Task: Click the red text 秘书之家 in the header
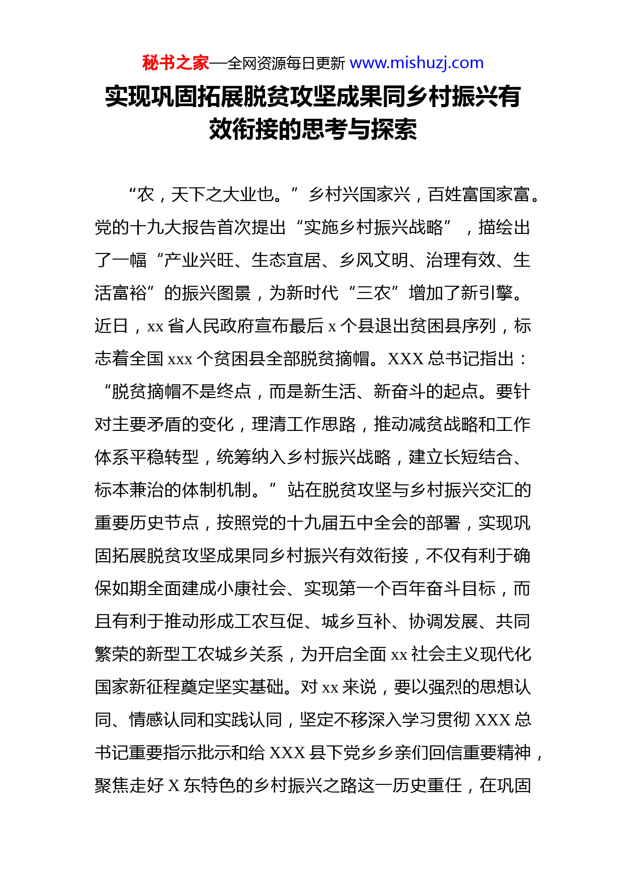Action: [x=175, y=63]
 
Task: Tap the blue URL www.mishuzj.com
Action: [x=416, y=63]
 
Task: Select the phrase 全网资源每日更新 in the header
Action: [x=286, y=64]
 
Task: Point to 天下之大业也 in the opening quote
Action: [x=222, y=194]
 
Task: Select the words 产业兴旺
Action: [x=199, y=260]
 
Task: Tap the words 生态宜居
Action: [x=286, y=260]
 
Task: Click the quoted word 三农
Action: [x=374, y=293]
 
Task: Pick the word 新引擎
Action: [x=487, y=293]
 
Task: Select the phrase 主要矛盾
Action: [x=147, y=424]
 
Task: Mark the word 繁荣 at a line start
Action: [x=112, y=654]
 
